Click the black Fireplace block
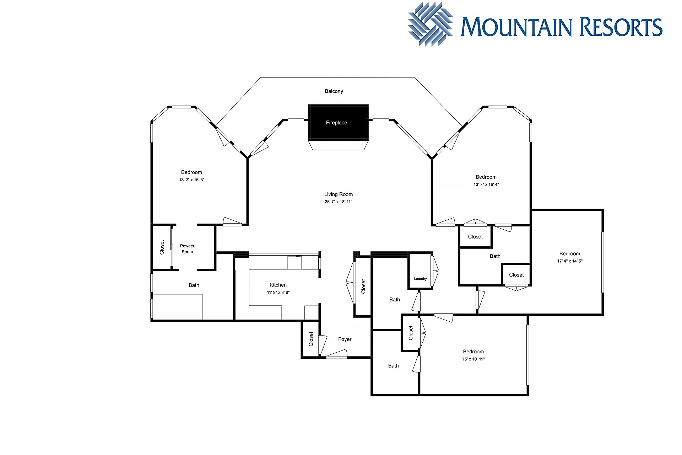tap(338, 122)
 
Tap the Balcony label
tap(334, 91)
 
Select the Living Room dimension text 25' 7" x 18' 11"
tap(338, 202)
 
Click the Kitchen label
tap(278, 285)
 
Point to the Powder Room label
tap(187, 249)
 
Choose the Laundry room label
tap(420, 279)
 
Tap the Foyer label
tap(345, 339)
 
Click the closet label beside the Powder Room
tap(162, 247)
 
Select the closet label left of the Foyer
tap(311, 339)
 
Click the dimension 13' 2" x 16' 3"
tap(192, 180)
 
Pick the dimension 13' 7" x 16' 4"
tap(486, 184)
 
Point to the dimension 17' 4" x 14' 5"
tap(570, 261)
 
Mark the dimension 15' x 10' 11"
tap(473, 359)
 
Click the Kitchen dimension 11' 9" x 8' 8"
tap(278, 293)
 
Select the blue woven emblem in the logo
tap(431, 24)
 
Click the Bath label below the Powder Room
tap(194, 285)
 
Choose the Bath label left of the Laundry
tap(395, 300)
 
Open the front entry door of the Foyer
tap(336, 354)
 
